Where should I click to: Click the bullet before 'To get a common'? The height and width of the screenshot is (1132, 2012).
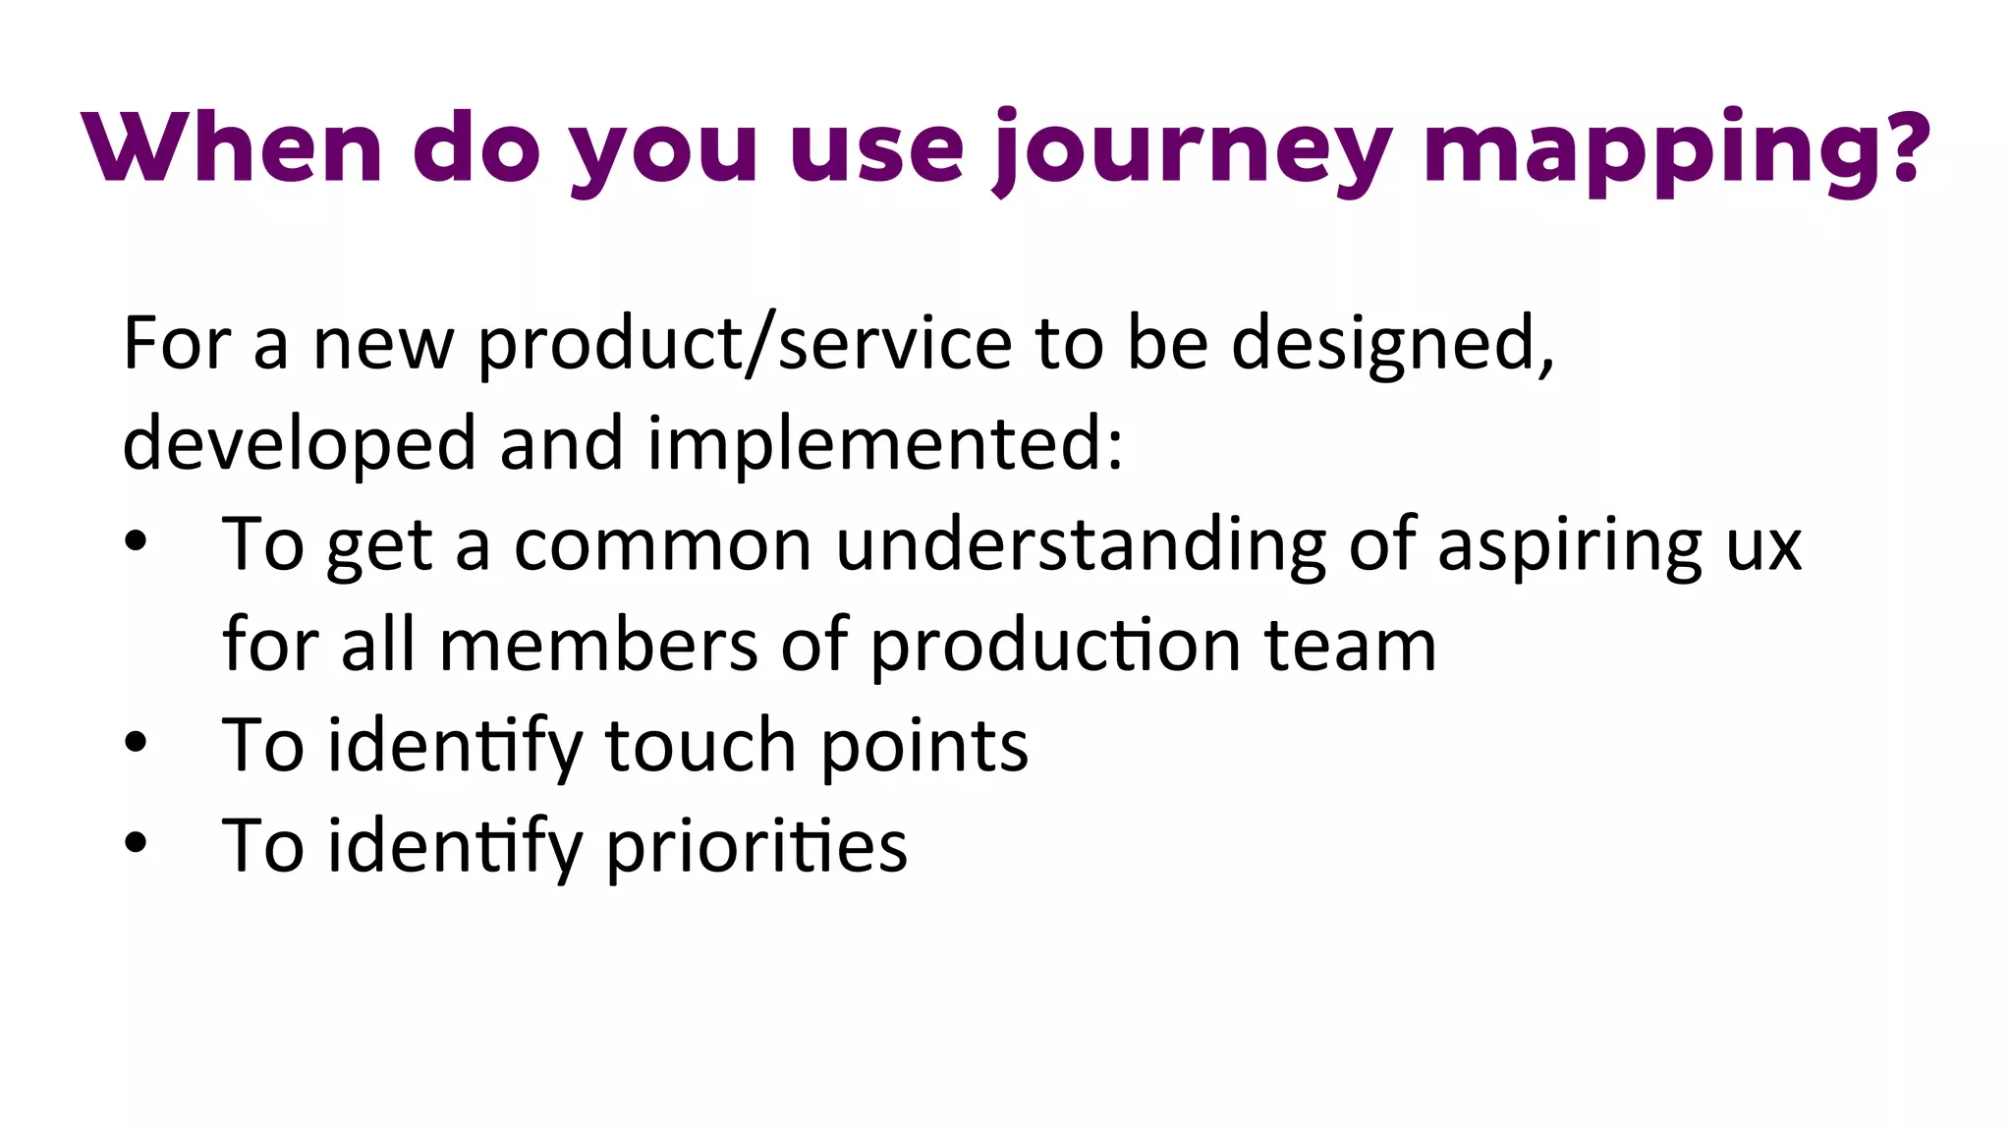pos(136,543)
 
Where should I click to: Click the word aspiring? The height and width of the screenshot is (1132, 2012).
pos(1569,545)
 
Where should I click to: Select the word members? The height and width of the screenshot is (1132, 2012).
pos(598,646)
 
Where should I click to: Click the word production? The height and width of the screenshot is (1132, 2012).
pos(1056,646)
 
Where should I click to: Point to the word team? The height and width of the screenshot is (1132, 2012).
pos(1350,646)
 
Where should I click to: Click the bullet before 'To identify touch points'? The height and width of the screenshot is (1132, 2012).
pos(136,744)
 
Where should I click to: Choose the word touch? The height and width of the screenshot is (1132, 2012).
pos(699,746)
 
